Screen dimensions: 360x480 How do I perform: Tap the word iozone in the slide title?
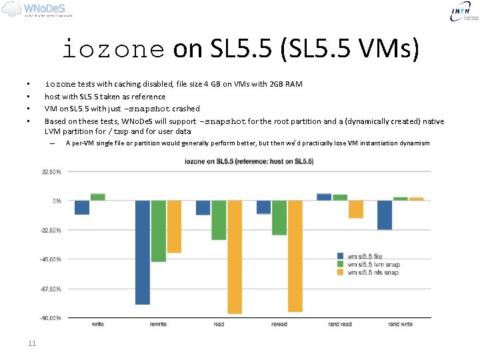tap(113, 49)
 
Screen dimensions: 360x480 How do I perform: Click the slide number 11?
tap(31, 343)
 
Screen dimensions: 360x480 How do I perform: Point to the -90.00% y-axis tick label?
tap(52, 319)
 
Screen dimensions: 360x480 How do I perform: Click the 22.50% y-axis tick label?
tap(52, 172)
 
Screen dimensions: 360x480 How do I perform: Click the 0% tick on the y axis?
tap(57, 201)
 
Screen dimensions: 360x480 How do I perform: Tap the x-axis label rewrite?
tap(158, 325)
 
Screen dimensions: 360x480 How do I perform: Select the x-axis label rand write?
tap(400, 325)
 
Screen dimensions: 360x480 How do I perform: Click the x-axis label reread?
tap(279, 325)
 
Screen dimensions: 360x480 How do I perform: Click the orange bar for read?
tap(235, 257)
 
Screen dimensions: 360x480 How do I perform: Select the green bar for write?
tap(97, 197)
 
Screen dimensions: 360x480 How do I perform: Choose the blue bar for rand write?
tap(384, 215)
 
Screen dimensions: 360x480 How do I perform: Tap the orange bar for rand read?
tap(356, 209)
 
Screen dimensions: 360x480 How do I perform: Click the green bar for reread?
tap(279, 217)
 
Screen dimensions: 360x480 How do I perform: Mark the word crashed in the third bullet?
tap(185, 109)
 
